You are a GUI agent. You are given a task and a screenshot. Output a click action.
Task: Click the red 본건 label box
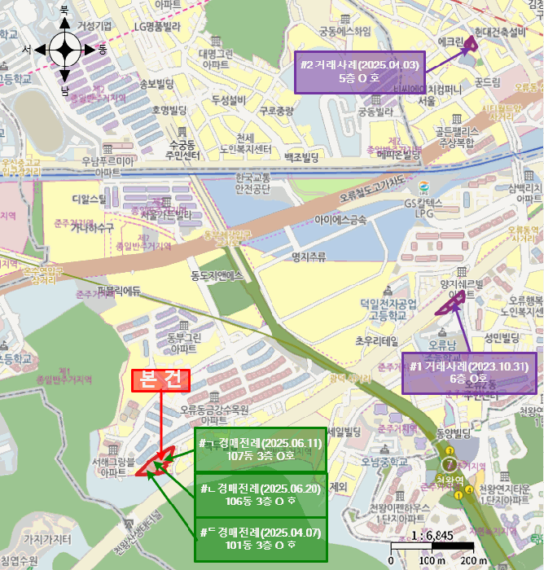(x=160, y=380)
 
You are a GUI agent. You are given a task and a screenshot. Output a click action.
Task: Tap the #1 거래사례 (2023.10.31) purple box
(x=469, y=373)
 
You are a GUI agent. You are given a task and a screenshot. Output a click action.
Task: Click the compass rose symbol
(x=64, y=50)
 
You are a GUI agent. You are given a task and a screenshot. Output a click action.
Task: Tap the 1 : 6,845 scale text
(x=432, y=534)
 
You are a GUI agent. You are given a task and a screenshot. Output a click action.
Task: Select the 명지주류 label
(x=308, y=256)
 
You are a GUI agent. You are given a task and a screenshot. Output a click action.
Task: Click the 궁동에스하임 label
(x=344, y=33)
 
